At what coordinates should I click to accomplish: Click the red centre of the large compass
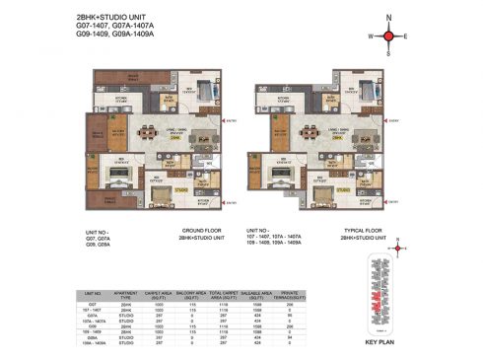(390, 36)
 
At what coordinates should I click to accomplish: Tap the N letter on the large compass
(390, 17)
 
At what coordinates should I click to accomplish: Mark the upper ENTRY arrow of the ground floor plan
(229, 121)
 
